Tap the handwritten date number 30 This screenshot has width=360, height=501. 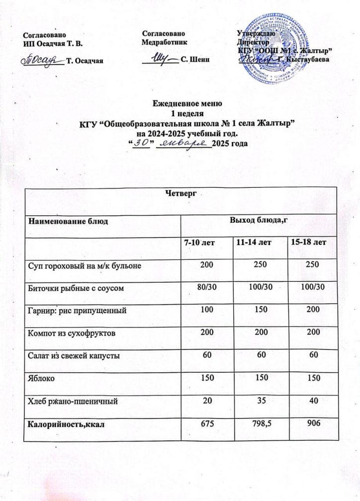pos(143,143)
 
